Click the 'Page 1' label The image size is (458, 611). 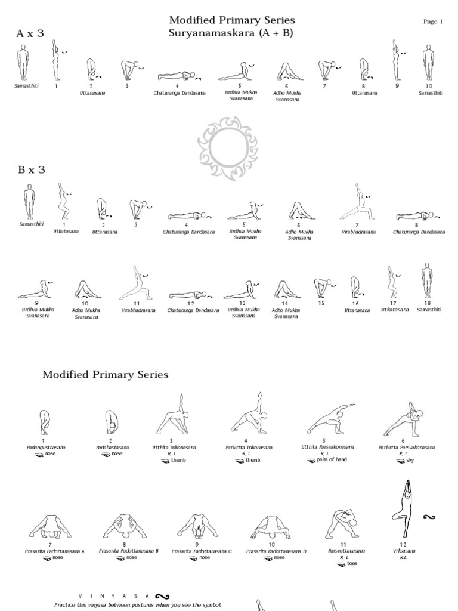(433, 22)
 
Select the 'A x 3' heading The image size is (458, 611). (30, 34)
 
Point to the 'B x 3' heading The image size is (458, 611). (32, 170)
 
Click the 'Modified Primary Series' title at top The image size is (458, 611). (232, 21)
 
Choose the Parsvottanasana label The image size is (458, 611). (343, 551)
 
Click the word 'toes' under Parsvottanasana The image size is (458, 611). (352, 563)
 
